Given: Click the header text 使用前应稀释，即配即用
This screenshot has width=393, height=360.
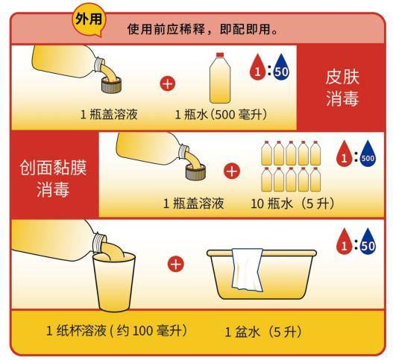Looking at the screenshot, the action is click(203, 29).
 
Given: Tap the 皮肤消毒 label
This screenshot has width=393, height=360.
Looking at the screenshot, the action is click(342, 87).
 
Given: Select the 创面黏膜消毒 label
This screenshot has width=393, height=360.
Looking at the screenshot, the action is click(53, 178).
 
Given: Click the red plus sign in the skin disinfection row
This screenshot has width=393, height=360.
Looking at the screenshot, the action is click(168, 84).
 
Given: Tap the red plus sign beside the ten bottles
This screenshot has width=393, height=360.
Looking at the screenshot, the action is click(232, 171).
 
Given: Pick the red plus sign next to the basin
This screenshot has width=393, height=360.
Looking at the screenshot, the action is click(176, 264).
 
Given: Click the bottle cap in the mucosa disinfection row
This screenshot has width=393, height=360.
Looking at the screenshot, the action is click(195, 172).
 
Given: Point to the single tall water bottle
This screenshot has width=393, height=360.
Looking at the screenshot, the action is click(220, 78).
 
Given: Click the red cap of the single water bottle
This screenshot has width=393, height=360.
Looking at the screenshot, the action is click(220, 55).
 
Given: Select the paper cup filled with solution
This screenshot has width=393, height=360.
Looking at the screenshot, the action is click(113, 282).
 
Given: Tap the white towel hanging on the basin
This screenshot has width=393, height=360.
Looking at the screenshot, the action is click(248, 270).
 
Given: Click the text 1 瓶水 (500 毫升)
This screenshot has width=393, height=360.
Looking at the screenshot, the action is click(221, 115).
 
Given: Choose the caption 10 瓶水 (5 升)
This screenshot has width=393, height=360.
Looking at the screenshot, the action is click(292, 203).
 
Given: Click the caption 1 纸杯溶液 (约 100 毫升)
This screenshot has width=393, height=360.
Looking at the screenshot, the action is click(117, 331).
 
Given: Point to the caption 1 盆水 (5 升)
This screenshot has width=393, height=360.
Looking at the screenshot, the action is click(263, 332).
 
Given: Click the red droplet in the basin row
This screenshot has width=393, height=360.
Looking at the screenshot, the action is click(344, 241).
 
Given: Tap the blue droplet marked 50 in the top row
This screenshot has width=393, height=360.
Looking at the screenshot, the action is click(281, 67).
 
